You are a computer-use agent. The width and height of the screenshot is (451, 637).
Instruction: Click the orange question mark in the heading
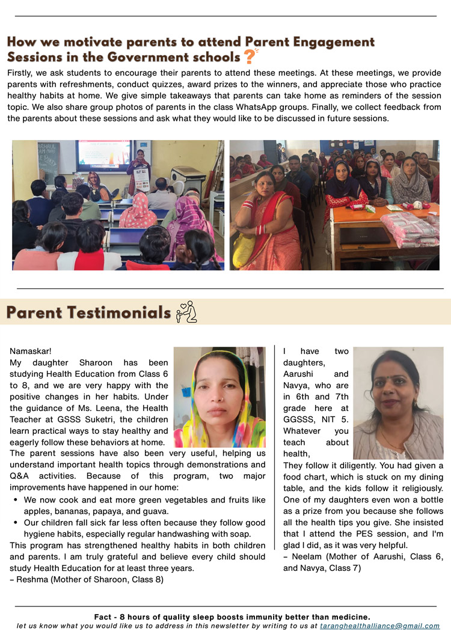click(249, 56)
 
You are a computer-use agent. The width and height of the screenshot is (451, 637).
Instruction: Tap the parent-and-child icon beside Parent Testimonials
click(186, 312)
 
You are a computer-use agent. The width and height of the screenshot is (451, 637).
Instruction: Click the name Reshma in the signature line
click(30, 579)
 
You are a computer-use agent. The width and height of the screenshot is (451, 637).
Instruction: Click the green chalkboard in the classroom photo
click(48, 162)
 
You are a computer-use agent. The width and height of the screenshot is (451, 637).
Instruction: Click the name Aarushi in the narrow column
click(298, 374)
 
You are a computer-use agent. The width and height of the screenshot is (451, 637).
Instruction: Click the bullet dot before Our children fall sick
click(16, 523)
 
